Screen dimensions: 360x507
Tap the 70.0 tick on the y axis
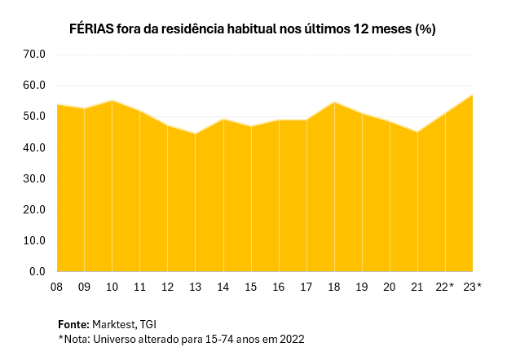point(33,55)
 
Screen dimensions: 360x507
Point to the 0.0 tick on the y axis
point(37,272)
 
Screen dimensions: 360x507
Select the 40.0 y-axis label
point(33,148)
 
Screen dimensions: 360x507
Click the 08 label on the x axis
point(56,287)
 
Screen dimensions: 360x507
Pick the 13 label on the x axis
point(196,287)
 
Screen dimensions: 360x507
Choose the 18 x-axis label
point(334,287)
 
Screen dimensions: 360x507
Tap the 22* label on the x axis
point(446,287)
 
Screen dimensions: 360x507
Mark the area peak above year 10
point(112,100)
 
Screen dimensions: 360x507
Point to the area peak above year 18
point(334,102)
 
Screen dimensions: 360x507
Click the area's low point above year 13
point(196,134)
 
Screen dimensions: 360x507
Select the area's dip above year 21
point(417,132)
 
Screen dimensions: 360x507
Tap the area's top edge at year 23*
point(473,95)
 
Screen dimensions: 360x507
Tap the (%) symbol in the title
point(425,29)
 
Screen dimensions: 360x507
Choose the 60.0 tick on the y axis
point(33,86)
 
